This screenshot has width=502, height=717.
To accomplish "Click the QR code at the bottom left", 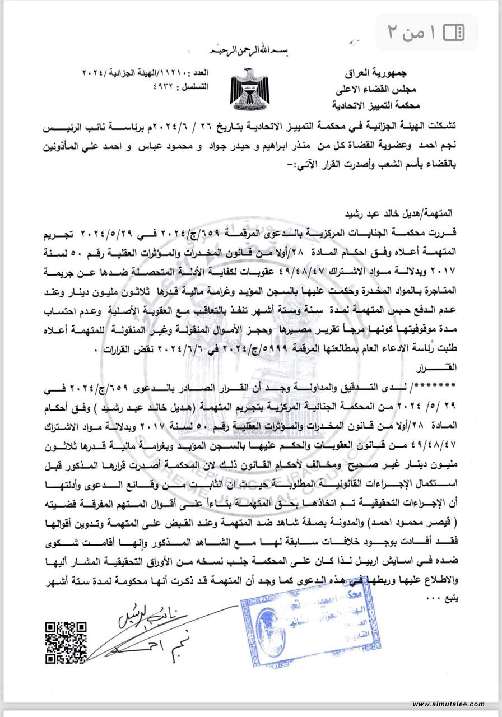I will point(66,641).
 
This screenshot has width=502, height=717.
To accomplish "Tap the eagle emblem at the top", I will point(249,87).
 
